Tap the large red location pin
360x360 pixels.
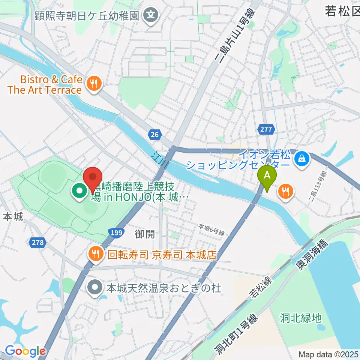coord(92,179)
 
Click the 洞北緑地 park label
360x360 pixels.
coord(301,318)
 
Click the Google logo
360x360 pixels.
coord(25,351)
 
